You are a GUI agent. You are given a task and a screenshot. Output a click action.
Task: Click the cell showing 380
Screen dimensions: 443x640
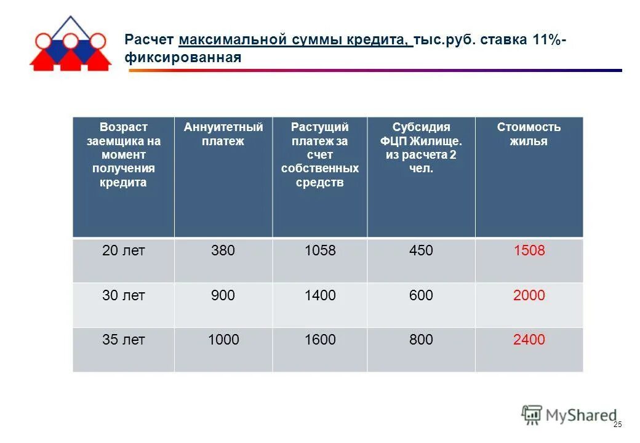point(223,251)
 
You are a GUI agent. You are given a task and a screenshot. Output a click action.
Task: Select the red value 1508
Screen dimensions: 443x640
point(529,251)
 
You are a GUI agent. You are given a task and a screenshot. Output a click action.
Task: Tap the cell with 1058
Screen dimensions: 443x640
point(320,251)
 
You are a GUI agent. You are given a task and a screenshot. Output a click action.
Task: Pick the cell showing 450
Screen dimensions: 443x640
point(421,251)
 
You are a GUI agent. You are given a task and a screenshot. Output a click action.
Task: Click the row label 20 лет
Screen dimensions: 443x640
point(124,251)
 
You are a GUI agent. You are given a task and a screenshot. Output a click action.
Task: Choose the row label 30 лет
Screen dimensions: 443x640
point(124,296)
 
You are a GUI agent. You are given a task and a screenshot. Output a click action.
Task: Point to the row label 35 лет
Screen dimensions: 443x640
point(124,340)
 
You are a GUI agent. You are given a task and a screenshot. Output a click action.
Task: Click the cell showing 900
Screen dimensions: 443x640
point(223,296)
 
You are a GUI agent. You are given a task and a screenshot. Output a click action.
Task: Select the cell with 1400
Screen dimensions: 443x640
point(320,296)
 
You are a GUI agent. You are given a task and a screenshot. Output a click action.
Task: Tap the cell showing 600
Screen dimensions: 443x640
point(421,296)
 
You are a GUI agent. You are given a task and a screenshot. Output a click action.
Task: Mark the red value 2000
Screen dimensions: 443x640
point(529,296)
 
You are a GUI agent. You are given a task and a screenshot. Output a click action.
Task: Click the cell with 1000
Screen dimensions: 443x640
point(223,340)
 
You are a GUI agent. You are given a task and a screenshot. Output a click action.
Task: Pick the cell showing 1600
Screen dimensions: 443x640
point(320,340)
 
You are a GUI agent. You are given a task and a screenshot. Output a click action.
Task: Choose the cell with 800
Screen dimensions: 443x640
point(421,340)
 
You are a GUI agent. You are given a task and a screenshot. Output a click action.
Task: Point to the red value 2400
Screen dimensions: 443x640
point(529,340)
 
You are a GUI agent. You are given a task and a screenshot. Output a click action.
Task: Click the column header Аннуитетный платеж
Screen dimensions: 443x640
point(223,134)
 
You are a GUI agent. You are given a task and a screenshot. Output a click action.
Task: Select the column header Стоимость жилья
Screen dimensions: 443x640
point(529,134)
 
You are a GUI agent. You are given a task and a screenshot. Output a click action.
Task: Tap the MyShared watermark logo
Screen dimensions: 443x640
point(569,415)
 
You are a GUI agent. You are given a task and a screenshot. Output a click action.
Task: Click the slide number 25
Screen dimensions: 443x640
point(618,425)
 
